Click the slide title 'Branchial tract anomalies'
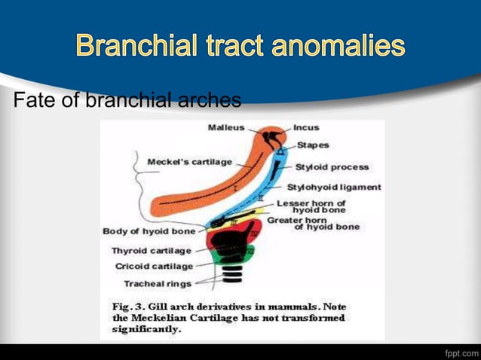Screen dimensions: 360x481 coord(240,47)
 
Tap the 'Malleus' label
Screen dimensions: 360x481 coord(226,127)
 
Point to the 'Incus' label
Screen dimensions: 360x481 coord(306,127)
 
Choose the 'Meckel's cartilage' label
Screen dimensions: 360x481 coord(189,161)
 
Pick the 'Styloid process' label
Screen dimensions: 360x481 coord(332,166)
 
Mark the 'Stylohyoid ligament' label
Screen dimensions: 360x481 coord(334,187)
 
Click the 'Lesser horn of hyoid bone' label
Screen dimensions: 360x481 coord(311,206)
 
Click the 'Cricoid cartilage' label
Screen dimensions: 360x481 coord(154,266)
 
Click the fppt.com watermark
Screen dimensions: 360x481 coord(460,352)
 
